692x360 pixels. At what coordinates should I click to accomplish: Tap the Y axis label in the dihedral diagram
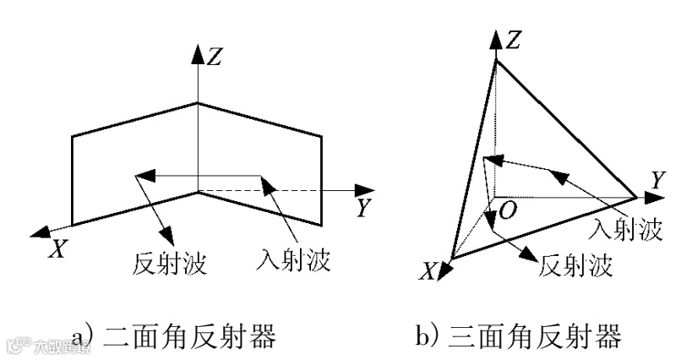[x=363, y=207]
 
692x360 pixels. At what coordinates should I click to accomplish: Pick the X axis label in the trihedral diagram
[x=429, y=270]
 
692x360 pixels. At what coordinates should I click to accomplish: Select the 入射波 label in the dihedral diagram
[x=292, y=259]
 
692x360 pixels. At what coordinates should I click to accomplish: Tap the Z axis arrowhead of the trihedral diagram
[x=495, y=37]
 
